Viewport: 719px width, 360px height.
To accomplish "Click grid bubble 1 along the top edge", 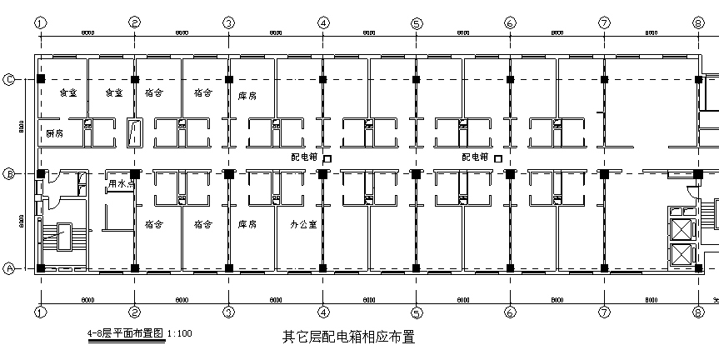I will click(39, 22).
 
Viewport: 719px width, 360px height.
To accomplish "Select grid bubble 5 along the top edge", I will click(416, 22).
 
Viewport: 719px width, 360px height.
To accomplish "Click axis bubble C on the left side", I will click(10, 79).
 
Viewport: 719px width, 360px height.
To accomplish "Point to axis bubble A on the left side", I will click(10, 268).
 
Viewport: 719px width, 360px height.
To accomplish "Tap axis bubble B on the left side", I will click(10, 174).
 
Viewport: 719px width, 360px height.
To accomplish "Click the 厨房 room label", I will click(55, 133).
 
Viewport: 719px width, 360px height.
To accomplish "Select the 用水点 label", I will click(122, 182).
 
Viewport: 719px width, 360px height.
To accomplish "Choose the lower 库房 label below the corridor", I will click(247, 224).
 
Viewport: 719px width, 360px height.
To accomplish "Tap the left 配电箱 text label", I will click(303, 157).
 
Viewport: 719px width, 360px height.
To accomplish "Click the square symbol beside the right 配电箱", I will click(498, 157).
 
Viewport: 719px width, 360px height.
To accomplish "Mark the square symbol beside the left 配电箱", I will click(327, 157).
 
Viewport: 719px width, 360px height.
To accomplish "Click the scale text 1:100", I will click(180, 334).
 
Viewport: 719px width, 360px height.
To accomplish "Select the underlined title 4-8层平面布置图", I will click(127, 333).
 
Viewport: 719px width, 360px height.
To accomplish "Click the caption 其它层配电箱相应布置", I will click(348, 337).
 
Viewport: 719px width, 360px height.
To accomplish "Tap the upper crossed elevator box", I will click(682, 226).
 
